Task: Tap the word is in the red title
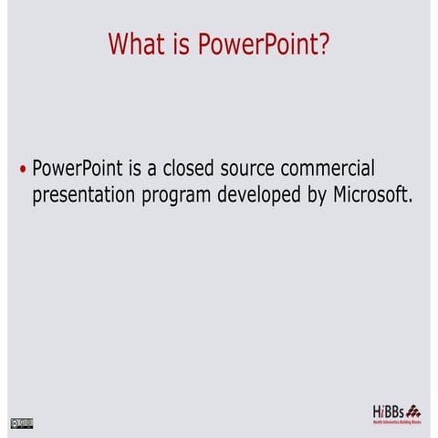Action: coord(182,44)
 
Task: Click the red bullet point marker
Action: coord(22,171)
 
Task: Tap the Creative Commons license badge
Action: coord(21,422)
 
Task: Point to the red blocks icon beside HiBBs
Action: coord(413,410)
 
